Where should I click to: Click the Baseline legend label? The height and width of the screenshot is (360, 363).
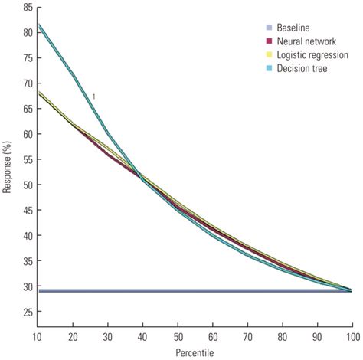[293, 28]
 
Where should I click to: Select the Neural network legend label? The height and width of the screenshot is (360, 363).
[306, 41]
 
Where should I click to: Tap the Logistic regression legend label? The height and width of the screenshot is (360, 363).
[312, 55]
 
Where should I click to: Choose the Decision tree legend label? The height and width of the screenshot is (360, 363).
[302, 68]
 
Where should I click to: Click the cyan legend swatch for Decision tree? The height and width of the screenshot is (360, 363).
[269, 68]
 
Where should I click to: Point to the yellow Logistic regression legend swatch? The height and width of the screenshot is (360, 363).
[269, 54]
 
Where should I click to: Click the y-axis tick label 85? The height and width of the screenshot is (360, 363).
[28, 8]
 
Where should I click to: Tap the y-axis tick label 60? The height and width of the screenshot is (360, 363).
[28, 134]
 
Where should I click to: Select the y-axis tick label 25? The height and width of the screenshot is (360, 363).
[28, 312]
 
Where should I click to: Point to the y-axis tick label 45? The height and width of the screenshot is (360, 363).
[28, 210]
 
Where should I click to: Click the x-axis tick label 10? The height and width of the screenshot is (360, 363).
[38, 337]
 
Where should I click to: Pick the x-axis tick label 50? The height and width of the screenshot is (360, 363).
[178, 337]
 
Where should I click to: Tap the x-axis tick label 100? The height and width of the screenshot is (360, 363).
[352, 337]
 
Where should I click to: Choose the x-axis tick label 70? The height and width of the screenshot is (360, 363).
[248, 337]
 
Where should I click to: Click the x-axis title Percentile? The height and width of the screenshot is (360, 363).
[195, 353]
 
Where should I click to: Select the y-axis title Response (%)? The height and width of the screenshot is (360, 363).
[7, 167]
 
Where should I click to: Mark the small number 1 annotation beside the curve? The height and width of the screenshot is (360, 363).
[93, 97]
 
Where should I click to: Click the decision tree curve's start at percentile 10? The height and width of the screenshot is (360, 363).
[39, 25]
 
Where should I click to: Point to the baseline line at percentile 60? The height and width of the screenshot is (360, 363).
[213, 291]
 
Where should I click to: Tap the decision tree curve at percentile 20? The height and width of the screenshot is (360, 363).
[74, 75]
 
